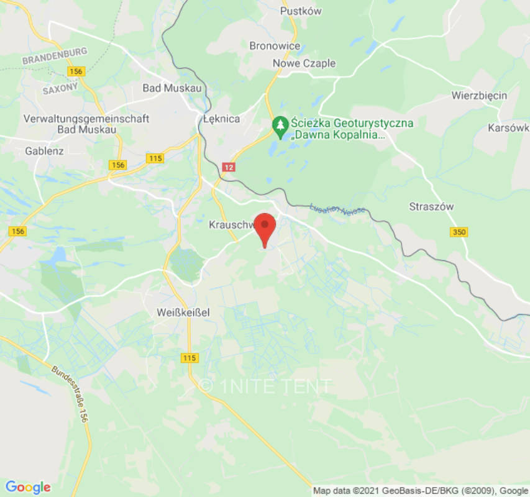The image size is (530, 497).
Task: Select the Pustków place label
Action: [301, 11]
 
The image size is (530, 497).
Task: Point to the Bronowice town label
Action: [275, 46]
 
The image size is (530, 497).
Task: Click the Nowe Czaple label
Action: [304, 63]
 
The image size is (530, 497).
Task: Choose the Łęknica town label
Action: [221, 119]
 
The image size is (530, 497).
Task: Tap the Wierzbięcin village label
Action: [479, 96]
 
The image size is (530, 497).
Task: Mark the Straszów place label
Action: [431, 206]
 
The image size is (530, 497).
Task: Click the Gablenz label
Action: [45, 151]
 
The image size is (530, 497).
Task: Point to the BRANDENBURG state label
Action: [54, 56]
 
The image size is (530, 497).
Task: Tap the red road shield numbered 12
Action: [229, 167]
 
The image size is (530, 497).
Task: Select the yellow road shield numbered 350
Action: [459, 232]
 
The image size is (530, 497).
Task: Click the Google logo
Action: [27, 487]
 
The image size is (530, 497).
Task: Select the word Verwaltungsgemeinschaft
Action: [86, 119]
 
